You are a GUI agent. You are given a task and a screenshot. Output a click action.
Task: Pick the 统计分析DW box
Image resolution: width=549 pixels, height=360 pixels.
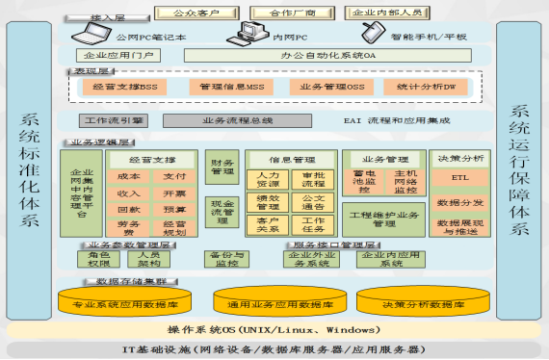419,87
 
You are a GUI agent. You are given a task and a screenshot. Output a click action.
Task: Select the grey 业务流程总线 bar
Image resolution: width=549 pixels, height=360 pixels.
237,121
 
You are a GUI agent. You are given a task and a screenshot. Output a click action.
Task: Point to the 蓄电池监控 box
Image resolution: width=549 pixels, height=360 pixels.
364,182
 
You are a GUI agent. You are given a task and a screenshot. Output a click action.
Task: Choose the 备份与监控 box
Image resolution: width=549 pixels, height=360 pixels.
228,259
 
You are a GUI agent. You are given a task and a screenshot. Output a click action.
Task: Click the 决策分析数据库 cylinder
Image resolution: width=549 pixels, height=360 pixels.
429,304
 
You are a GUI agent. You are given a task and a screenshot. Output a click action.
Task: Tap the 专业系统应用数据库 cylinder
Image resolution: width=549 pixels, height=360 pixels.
120,304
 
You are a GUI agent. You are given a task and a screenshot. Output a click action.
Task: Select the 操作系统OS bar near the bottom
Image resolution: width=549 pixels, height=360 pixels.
273,330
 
